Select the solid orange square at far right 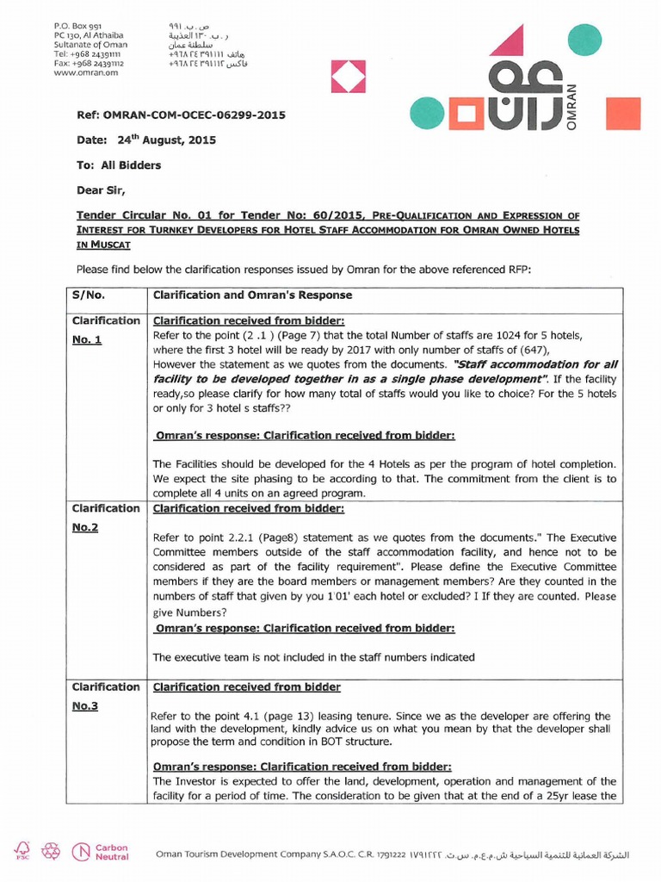(x=623, y=114)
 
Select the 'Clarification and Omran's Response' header (x=252, y=295)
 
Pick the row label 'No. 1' (x=87, y=339)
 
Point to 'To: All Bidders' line (x=119, y=165)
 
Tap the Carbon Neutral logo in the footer (x=102, y=852)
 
